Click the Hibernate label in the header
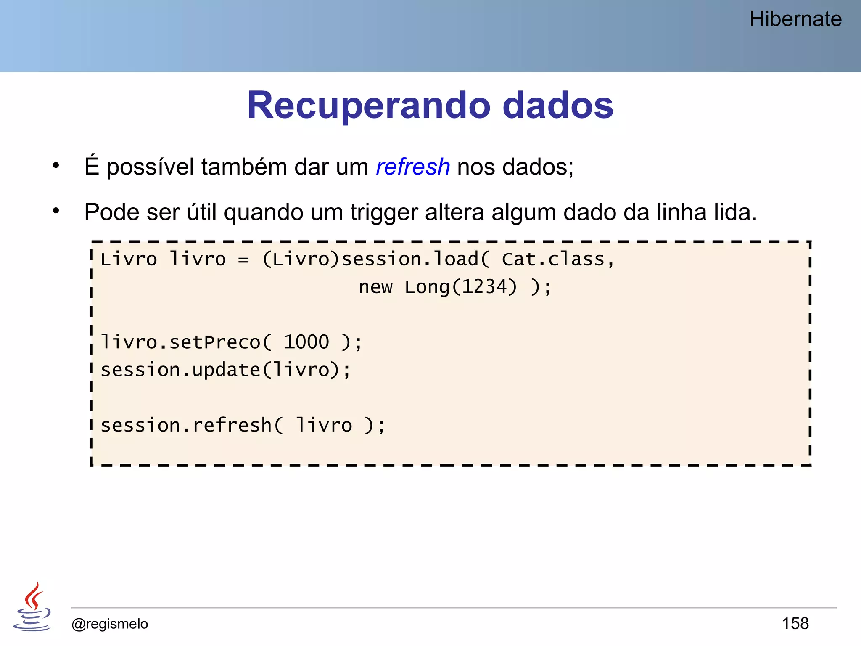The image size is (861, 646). coord(795,19)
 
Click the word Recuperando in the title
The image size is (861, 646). coord(368,105)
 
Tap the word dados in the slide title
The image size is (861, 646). coord(558,105)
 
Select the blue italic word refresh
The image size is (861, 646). coord(412,167)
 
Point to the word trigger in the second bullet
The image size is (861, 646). coord(384,212)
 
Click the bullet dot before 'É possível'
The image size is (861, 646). coord(56,166)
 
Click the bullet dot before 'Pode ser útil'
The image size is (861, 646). coord(56,211)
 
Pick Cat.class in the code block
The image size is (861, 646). coord(553,259)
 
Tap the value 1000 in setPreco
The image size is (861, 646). coord(306,342)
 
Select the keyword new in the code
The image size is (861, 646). coord(375,287)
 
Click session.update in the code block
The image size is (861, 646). coord(180,370)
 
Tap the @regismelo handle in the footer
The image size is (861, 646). coord(110,624)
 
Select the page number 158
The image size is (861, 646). coord(795,623)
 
